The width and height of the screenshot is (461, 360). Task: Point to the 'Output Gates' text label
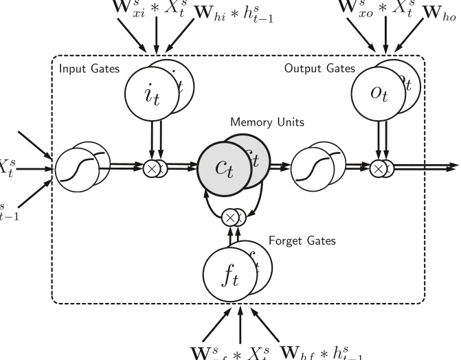(x=319, y=69)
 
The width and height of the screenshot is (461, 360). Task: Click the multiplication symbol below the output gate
(x=376, y=167)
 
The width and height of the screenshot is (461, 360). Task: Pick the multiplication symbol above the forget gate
(x=231, y=217)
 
